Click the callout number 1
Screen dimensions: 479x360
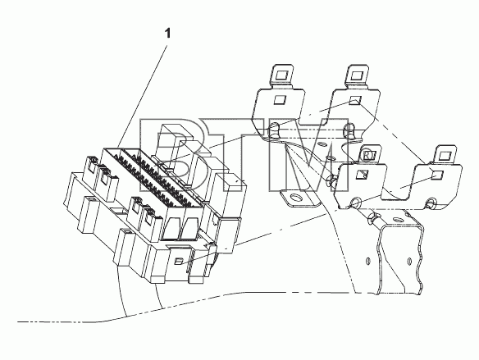click(x=167, y=33)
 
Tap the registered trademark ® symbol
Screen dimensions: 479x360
click(x=367, y=157)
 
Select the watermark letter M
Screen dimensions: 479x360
click(x=309, y=155)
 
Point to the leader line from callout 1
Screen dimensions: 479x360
click(x=143, y=96)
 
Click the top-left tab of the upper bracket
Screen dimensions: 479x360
click(x=281, y=75)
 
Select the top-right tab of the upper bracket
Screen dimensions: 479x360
click(x=358, y=75)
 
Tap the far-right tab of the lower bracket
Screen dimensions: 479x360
click(x=446, y=155)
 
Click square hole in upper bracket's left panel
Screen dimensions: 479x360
click(x=280, y=100)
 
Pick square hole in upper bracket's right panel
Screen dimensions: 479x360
click(x=355, y=101)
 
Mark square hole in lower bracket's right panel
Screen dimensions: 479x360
click(x=437, y=175)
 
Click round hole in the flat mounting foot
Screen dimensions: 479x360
click(x=295, y=198)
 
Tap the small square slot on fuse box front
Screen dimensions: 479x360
click(x=179, y=262)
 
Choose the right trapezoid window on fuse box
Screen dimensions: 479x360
click(x=189, y=229)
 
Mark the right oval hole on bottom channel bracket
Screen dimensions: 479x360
click(x=409, y=262)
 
